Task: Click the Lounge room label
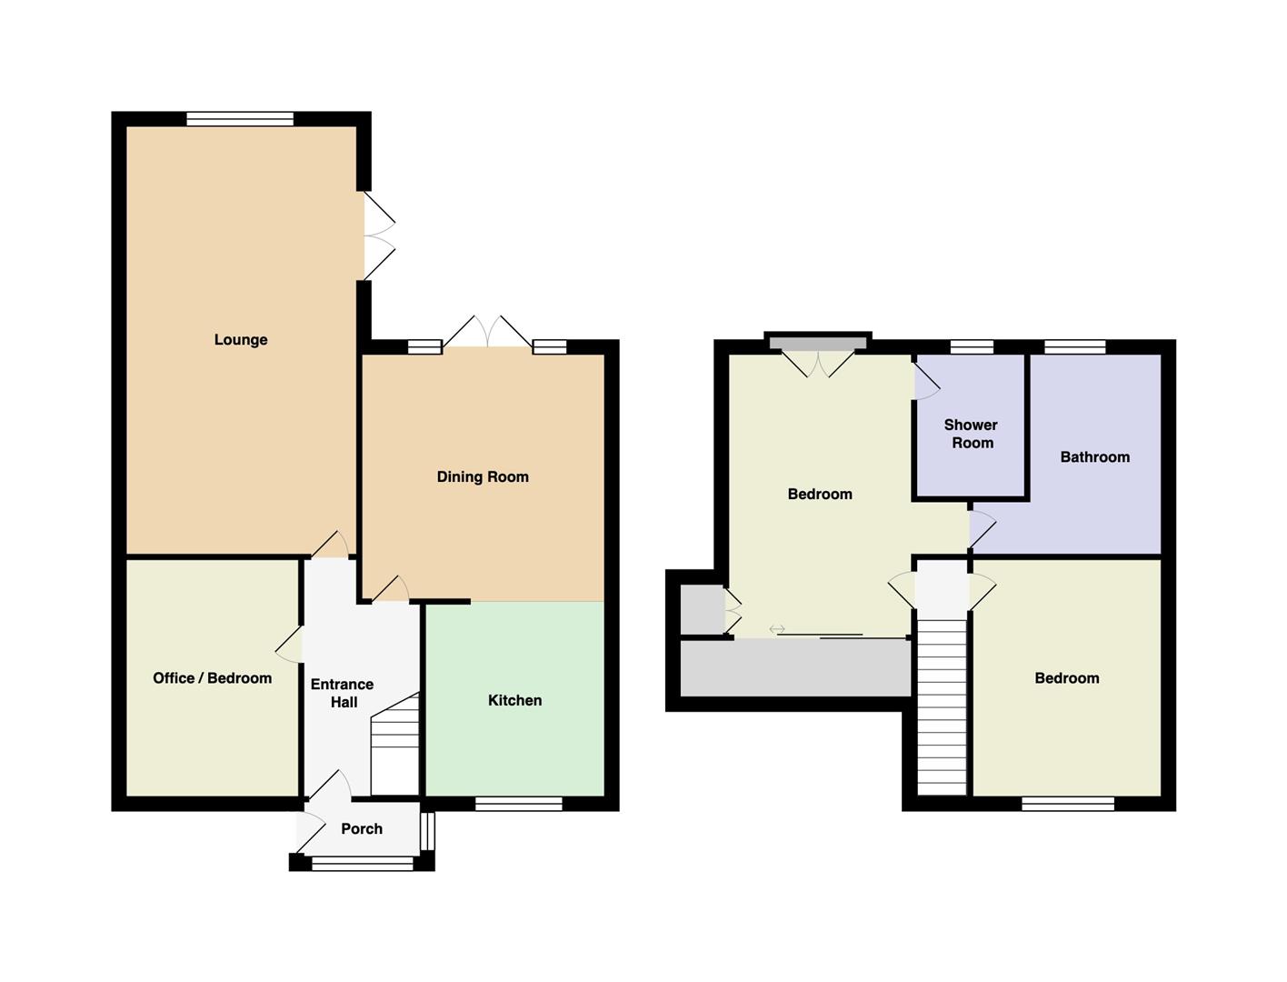click(240, 340)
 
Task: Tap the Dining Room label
click(483, 476)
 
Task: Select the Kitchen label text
click(514, 700)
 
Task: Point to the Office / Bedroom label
click(213, 678)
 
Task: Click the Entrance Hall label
click(343, 693)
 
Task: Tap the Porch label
click(362, 828)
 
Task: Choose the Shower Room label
click(971, 434)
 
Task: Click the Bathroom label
click(1094, 457)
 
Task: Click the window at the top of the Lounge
click(240, 118)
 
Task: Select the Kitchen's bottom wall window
click(518, 804)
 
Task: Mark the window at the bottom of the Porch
click(363, 862)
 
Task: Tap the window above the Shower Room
click(972, 346)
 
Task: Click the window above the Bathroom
click(1074, 346)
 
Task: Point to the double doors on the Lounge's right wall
click(379, 235)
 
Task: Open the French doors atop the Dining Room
click(487, 332)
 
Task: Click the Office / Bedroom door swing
click(288, 645)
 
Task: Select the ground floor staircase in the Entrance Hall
click(395, 744)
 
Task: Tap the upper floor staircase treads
click(941, 707)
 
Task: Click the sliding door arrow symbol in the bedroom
click(777, 629)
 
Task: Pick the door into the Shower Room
click(927, 383)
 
